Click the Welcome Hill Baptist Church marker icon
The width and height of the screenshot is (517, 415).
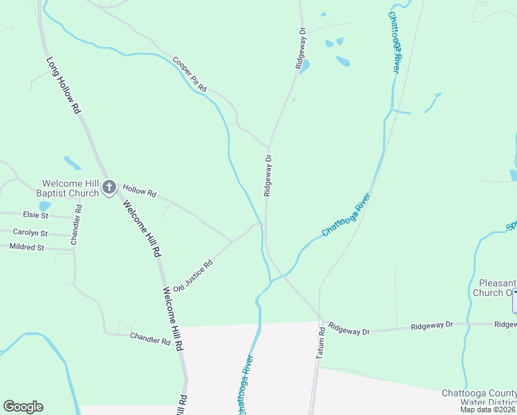(109, 187)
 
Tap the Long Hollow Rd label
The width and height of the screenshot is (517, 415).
(64, 86)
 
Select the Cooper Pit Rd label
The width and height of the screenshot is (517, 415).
(190, 75)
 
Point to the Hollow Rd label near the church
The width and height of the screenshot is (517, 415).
(140, 191)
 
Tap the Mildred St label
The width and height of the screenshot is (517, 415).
(27, 246)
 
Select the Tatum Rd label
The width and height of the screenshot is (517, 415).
(320, 342)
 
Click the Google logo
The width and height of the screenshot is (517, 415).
(23, 407)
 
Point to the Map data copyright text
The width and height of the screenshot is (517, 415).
(488, 409)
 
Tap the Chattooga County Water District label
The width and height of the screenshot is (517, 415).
(479, 398)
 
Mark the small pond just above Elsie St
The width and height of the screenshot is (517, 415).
(45, 206)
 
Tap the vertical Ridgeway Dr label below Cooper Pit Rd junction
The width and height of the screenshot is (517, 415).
(267, 175)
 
